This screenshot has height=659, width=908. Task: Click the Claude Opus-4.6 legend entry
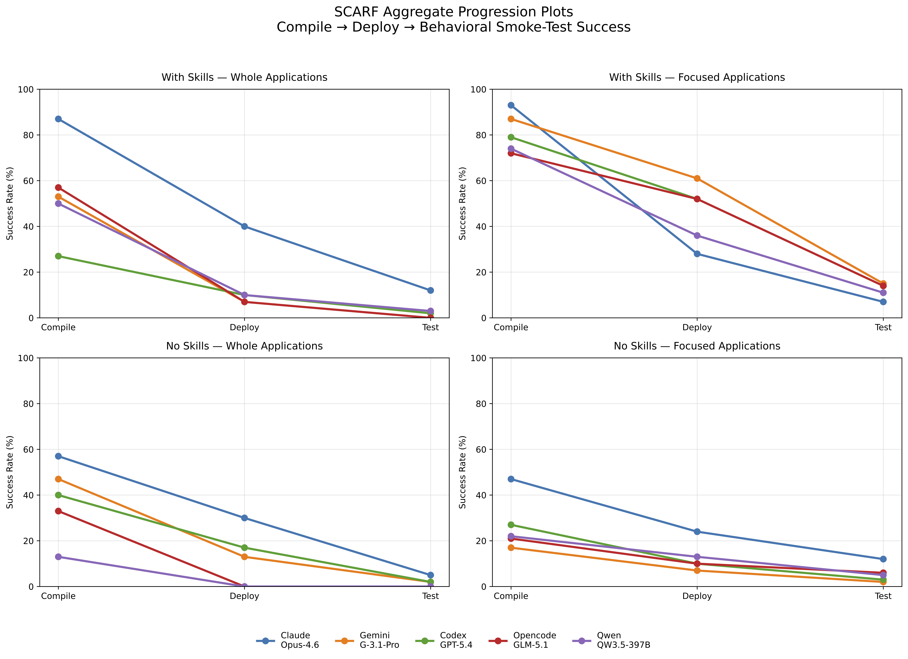point(287,640)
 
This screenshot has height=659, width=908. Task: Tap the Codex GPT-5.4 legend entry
point(444,640)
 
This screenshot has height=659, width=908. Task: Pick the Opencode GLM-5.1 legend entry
point(522,640)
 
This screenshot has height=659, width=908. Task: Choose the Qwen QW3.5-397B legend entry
point(611,640)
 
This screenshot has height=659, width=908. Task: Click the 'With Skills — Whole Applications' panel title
point(244,77)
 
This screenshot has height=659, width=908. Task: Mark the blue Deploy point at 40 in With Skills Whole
point(244,226)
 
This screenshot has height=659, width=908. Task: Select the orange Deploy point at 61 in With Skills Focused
point(697,178)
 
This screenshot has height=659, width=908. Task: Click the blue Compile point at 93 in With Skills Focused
point(511,105)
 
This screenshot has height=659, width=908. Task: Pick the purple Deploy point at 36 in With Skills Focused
point(697,236)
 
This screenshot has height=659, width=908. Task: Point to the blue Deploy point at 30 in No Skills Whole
point(244,518)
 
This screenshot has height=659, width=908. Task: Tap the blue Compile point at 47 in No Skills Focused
point(511,479)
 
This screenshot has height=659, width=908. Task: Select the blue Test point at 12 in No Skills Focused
point(883,559)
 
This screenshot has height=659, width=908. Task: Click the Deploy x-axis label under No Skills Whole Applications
point(244,596)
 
